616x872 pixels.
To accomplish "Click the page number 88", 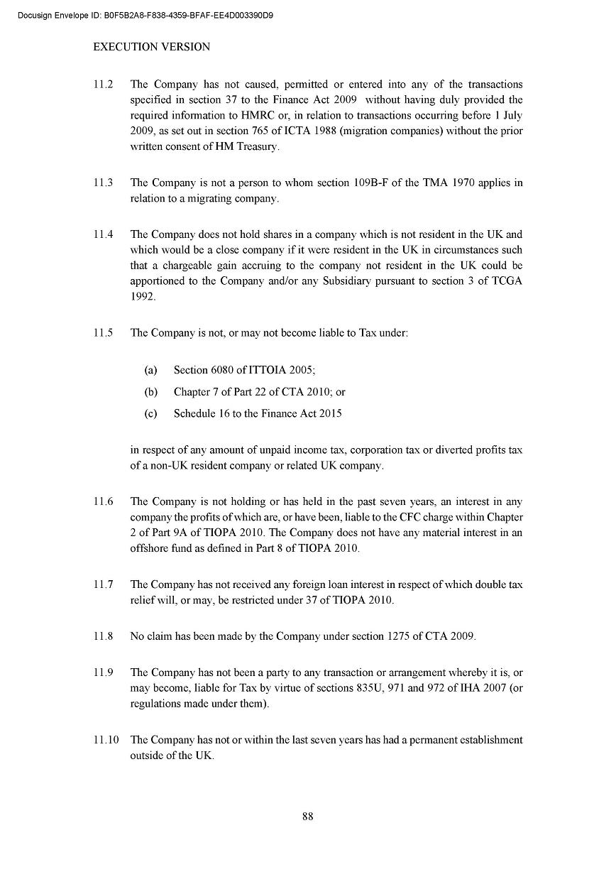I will (308, 816).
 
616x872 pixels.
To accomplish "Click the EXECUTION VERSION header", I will (152, 47).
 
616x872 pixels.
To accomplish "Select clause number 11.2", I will (103, 85).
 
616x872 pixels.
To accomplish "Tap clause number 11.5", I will (103, 333).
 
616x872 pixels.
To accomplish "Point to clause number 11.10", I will (106, 740).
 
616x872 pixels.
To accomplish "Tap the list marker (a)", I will (150, 370).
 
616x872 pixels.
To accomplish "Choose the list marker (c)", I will (150, 413).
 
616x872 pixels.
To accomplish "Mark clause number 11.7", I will (103, 584).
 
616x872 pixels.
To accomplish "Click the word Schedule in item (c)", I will (194, 413).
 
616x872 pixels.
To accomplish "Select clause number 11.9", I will (103, 672).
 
